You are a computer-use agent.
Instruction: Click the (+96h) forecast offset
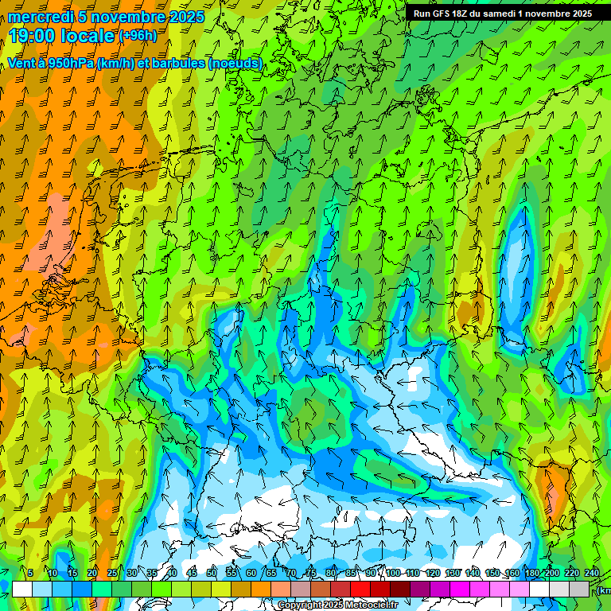[x=138, y=36]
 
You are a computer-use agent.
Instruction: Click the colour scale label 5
[x=30, y=573]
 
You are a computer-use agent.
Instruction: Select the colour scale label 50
[x=212, y=573]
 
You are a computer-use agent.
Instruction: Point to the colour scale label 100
[x=393, y=573]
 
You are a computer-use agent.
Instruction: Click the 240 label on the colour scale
[x=592, y=573]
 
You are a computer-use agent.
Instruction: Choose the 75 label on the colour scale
[x=311, y=573]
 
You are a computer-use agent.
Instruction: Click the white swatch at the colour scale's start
[x=22, y=589]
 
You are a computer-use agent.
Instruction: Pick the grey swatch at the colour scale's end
[x=579, y=589]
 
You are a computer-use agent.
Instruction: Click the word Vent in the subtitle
[x=21, y=64]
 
